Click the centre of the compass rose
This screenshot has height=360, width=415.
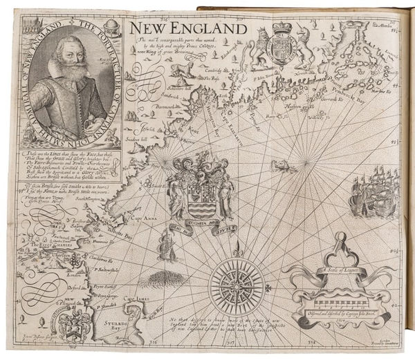coord(237,283)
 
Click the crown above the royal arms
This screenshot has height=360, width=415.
coord(282,29)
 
